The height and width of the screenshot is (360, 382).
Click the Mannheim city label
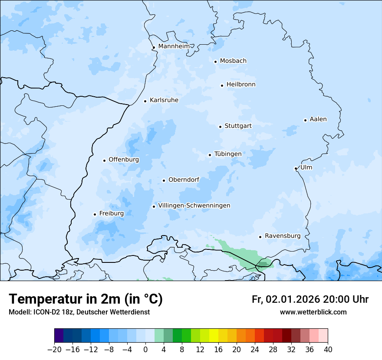tap(174, 46)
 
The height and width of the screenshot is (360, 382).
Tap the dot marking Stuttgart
tap(220, 127)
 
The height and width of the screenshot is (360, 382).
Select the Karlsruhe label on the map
tap(164, 100)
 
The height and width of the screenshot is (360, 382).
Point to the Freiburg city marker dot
tap(95, 214)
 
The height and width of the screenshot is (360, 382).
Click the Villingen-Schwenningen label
tap(194, 206)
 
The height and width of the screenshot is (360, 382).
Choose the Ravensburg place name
tap(282, 236)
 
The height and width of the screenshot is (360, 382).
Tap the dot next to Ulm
tap(296, 168)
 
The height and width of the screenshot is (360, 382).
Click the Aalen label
tap(318, 119)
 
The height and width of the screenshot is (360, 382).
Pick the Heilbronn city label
tap(241, 85)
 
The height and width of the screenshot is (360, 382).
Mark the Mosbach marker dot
tap(215, 62)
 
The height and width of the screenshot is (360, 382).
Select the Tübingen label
tap(228, 154)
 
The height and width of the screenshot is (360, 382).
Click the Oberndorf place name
tap(184, 180)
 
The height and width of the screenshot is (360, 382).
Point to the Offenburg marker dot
tap(104, 160)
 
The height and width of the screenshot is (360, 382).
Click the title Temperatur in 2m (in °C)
tap(86, 299)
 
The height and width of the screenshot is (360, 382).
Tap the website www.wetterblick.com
tap(313, 312)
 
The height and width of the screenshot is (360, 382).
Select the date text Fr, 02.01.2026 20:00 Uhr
tap(310, 299)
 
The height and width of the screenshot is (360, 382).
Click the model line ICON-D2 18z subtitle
tap(79, 312)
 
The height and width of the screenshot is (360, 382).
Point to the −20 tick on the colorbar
tap(54, 350)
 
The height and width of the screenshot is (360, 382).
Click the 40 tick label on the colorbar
tap(328, 350)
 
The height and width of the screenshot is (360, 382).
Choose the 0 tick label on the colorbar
tap(145, 350)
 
